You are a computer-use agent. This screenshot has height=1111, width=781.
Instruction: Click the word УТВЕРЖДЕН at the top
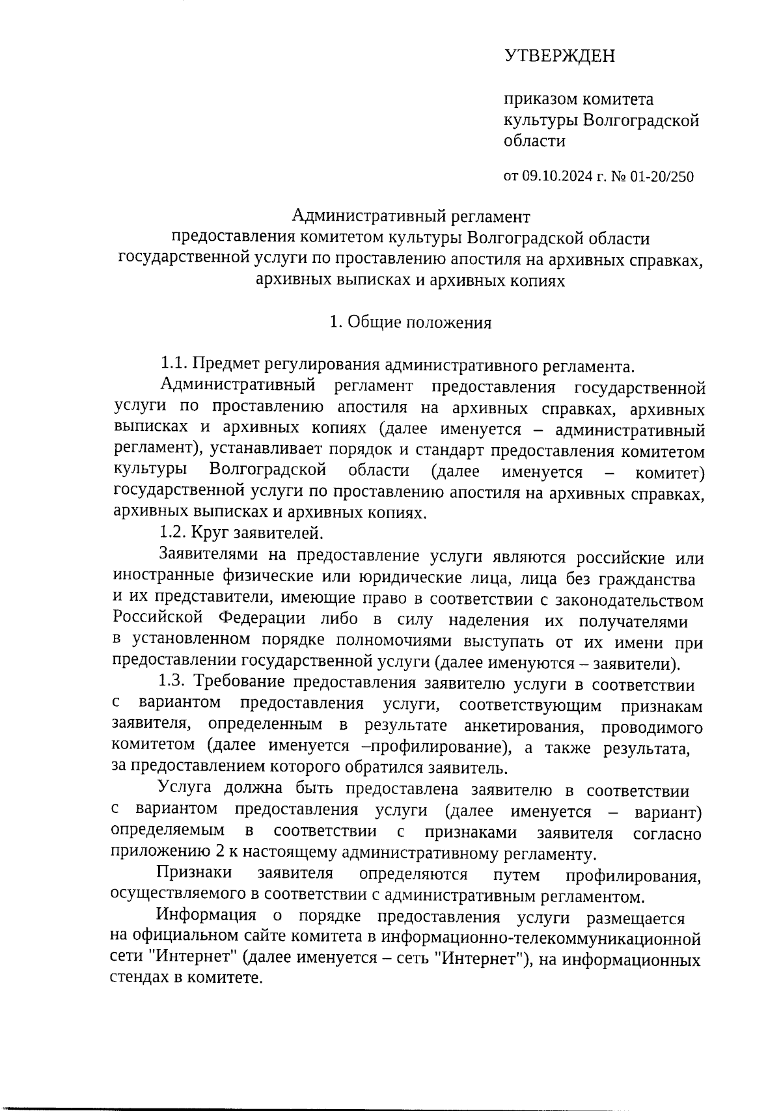[x=559, y=57]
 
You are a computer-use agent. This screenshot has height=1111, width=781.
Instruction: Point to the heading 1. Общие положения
[x=410, y=323]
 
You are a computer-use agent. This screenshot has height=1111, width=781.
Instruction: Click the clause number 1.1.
[x=174, y=364]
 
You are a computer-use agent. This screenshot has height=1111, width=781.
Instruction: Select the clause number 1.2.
[x=174, y=534]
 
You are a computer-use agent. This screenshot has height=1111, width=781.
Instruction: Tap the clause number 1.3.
[x=174, y=683]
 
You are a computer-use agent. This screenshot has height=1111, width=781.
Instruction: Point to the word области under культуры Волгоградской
[x=534, y=141]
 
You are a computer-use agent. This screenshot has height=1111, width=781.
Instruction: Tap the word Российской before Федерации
[x=157, y=619]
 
